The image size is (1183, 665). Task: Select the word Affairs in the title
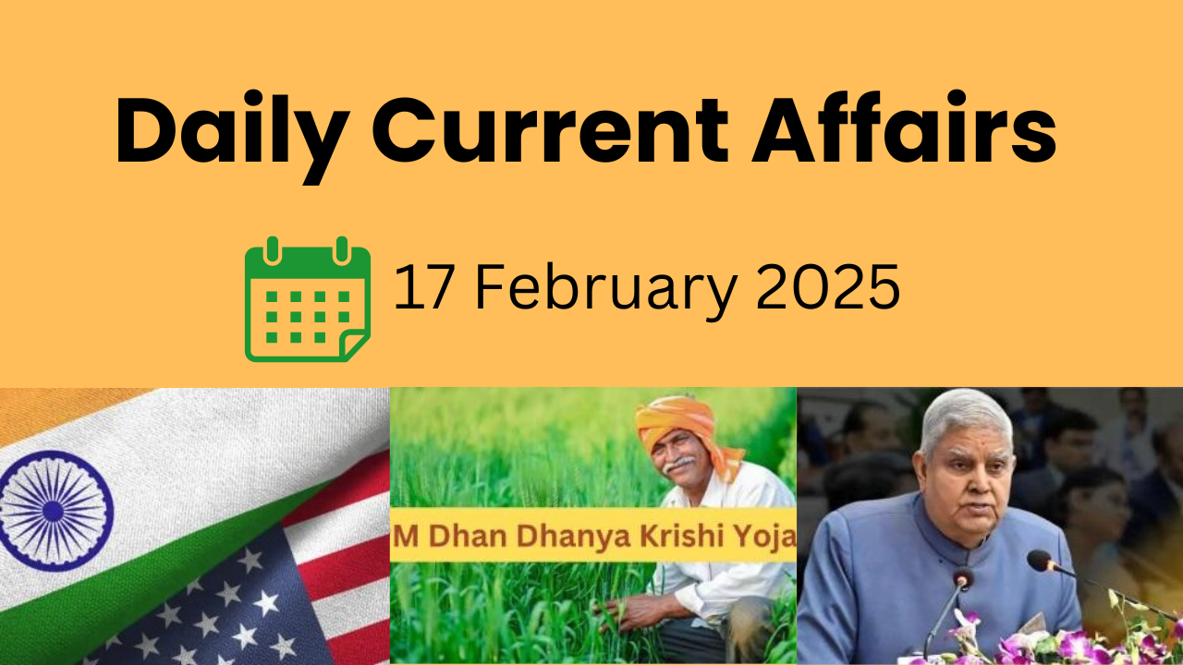(904, 127)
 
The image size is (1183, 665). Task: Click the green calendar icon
(308, 299)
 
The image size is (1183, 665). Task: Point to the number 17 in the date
(424, 287)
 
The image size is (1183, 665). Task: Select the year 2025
(828, 287)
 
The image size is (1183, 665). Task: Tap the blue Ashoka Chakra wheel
(54, 511)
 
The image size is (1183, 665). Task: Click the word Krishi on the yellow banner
(686, 537)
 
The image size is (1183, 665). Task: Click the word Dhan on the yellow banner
(468, 537)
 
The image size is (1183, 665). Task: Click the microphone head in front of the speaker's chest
(962, 580)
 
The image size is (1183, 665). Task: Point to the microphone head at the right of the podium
(1040, 561)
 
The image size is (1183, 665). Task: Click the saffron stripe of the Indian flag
(64, 409)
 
